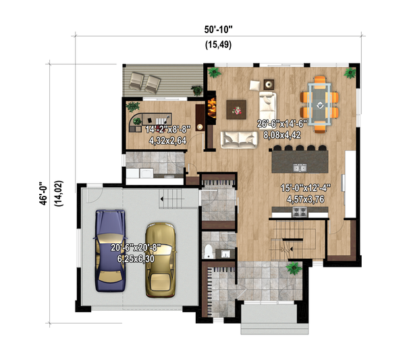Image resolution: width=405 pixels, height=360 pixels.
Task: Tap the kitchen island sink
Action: [x=298, y=165]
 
